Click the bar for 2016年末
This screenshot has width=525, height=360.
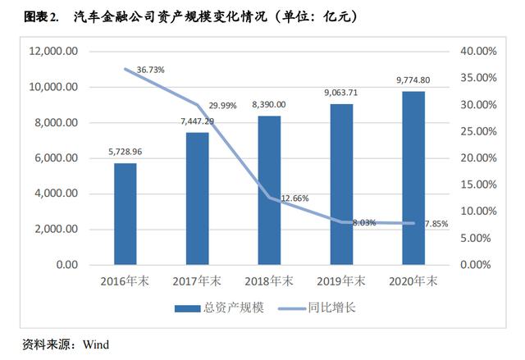pyautogui.click(x=125, y=214)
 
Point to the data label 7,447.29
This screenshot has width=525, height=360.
pyautogui.click(x=197, y=121)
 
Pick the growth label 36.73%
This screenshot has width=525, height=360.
pyautogui.click(x=150, y=70)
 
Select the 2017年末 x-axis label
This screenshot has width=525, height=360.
pyautogui.click(x=197, y=281)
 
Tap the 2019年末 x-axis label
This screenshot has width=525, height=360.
pyautogui.click(x=341, y=281)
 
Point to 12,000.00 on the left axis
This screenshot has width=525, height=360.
pyautogui.click(x=54, y=51)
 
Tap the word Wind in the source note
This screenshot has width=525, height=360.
pyautogui.click(x=95, y=344)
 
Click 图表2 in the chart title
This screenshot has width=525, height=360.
pyautogui.click(x=41, y=16)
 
